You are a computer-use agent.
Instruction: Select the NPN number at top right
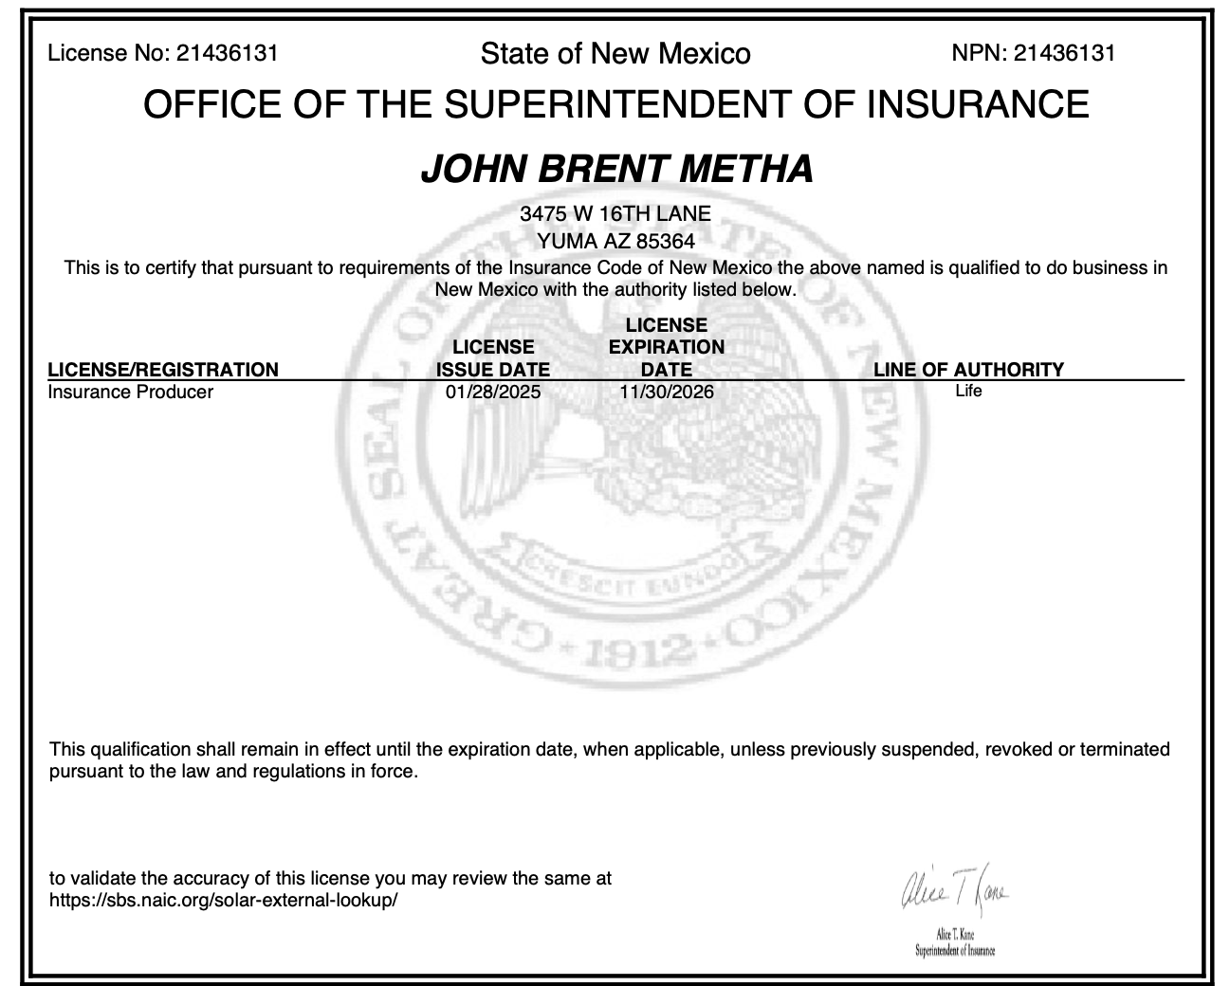click(1064, 53)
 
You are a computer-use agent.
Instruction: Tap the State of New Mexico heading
click(615, 54)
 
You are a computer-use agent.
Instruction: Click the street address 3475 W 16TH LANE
click(615, 214)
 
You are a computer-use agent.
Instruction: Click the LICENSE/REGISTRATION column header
click(163, 370)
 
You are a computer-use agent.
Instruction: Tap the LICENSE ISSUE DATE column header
click(493, 358)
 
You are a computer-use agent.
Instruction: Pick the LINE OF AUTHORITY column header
click(968, 370)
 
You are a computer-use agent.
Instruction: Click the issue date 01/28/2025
click(493, 392)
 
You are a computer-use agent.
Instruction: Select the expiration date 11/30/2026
click(667, 392)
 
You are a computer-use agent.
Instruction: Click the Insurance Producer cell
click(131, 392)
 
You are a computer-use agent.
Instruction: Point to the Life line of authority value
click(968, 391)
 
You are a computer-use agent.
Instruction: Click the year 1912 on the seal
click(622, 649)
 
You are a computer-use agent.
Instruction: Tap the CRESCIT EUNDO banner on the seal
click(621, 577)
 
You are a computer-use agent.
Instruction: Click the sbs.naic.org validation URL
click(224, 901)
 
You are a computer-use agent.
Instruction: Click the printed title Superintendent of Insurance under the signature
click(955, 951)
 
